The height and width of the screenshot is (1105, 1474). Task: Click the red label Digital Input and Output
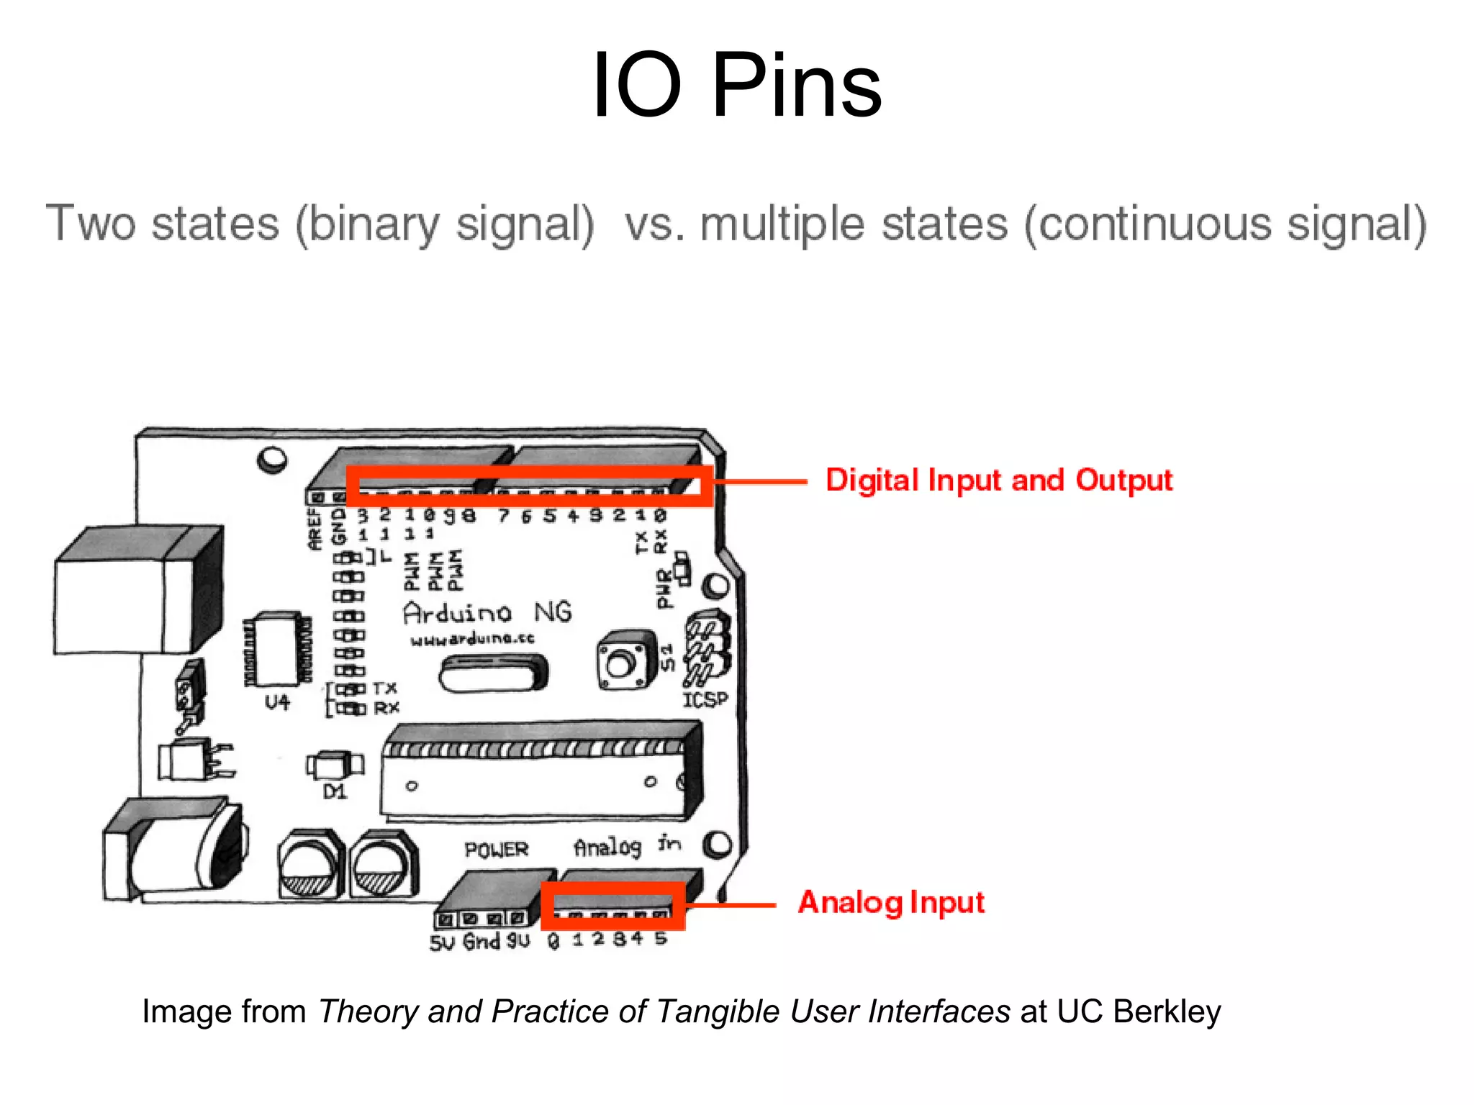click(998, 480)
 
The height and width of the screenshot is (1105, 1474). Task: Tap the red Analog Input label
click(890, 902)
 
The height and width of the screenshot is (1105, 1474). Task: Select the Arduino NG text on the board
click(487, 612)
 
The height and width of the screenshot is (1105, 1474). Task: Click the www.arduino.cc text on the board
click(472, 639)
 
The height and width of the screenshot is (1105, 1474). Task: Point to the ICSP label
click(705, 699)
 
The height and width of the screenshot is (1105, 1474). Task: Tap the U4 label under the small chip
click(277, 701)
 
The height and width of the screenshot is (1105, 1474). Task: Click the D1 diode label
click(335, 792)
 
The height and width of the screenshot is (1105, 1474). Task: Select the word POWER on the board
click(496, 850)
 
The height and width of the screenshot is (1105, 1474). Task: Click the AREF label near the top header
click(315, 529)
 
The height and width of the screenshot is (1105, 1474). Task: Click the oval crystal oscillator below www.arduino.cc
click(493, 674)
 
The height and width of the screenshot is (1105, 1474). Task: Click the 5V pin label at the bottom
click(442, 942)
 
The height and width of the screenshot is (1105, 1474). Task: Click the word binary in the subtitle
click(374, 224)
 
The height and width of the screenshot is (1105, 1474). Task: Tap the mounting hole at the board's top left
click(272, 458)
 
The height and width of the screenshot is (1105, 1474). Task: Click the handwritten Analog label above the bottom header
click(607, 847)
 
